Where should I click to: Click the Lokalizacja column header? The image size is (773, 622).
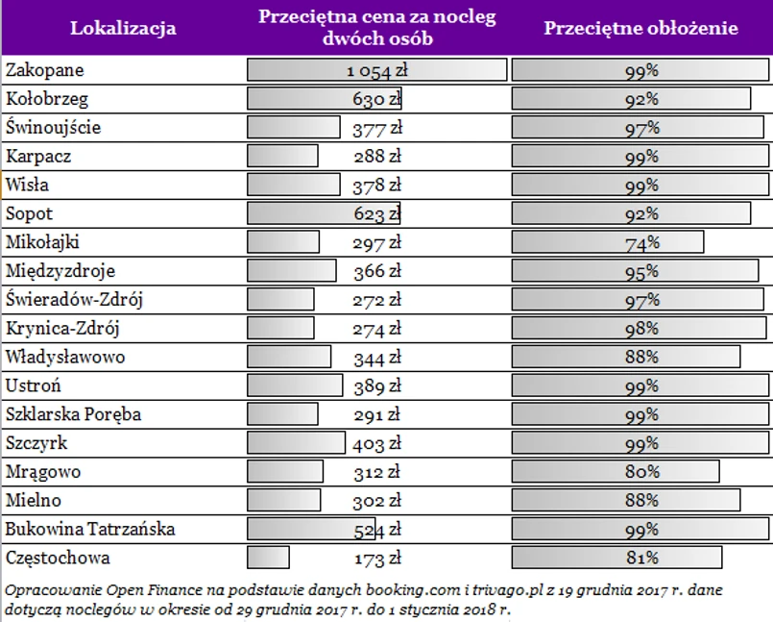pyautogui.click(x=123, y=28)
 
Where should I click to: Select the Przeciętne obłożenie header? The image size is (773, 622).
pyautogui.click(x=640, y=28)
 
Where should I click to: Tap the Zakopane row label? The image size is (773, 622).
pyautogui.click(x=45, y=70)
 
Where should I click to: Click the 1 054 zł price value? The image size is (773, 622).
pyautogui.click(x=376, y=70)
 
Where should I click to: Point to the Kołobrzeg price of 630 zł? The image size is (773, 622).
pyautogui.click(x=376, y=99)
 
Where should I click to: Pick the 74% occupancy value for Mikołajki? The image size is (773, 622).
pyautogui.click(x=640, y=242)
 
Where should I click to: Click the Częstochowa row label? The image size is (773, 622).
pyautogui.click(x=58, y=558)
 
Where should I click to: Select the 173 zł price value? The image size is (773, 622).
pyautogui.click(x=376, y=559)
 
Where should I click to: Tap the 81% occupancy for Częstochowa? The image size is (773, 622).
pyautogui.click(x=640, y=558)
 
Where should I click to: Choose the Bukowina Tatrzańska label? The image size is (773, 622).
pyautogui.click(x=90, y=529)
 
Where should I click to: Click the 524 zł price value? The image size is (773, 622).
pyautogui.click(x=376, y=530)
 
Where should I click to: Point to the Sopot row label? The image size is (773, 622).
pyautogui.click(x=30, y=213)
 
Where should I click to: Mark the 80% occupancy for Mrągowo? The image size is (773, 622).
pyautogui.click(x=640, y=472)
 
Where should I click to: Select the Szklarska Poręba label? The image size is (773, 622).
pyautogui.click(x=73, y=414)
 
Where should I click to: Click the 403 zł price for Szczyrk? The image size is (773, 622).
pyautogui.click(x=376, y=443)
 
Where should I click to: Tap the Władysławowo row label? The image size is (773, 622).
pyautogui.click(x=65, y=357)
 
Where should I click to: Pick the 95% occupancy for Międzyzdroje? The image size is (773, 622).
pyautogui.click(x=640, y=271)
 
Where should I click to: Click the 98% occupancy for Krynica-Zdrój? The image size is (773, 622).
pyautogui.click(x=640, y=329)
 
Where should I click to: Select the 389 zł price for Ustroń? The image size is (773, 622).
pyautogui.click(x=376, y=386)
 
